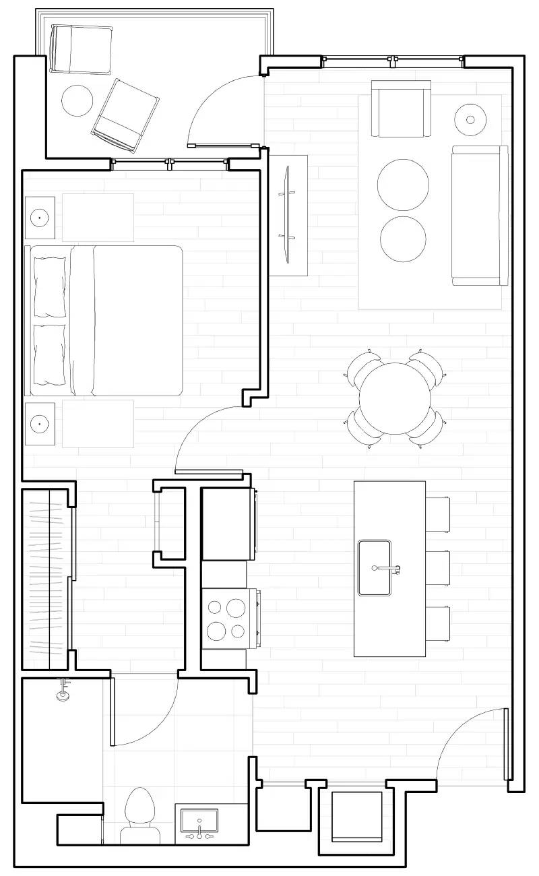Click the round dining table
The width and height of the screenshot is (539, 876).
395,398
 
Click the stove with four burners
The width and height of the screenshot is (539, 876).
226,619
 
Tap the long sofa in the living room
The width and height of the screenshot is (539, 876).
479,215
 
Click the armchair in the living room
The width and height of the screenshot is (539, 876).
402,109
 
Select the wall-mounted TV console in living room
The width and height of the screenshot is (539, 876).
288,215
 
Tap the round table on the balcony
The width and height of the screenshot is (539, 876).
77,100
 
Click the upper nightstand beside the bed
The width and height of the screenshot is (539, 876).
40,218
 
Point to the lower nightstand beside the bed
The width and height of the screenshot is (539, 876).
40,424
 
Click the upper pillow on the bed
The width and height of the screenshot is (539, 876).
50,286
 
